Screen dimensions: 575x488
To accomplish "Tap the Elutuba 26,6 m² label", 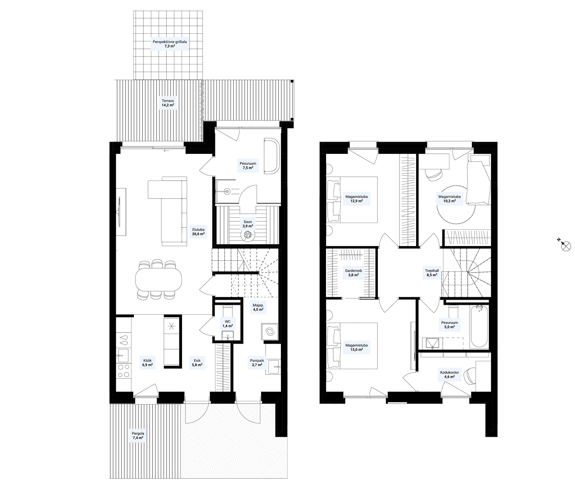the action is click(x=198, y=232).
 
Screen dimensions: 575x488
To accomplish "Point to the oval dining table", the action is click(x=158, y=279).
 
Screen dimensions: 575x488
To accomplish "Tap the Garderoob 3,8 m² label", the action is click(x=353, y=272).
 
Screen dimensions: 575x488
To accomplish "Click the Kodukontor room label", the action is click(x=450, y=374).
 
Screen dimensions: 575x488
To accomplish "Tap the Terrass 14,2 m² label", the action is click(x=168, y=103).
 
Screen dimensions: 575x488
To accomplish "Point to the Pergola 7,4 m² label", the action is click(x=138, y=436).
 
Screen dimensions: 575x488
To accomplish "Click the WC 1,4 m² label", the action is click(x=228, y=324).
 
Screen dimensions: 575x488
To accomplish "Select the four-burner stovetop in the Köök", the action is click(x=124, y=370).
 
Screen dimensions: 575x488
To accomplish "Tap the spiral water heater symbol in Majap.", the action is click(x=270, y=332).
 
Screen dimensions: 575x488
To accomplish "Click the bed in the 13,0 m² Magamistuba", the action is click(x=352, y=345).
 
